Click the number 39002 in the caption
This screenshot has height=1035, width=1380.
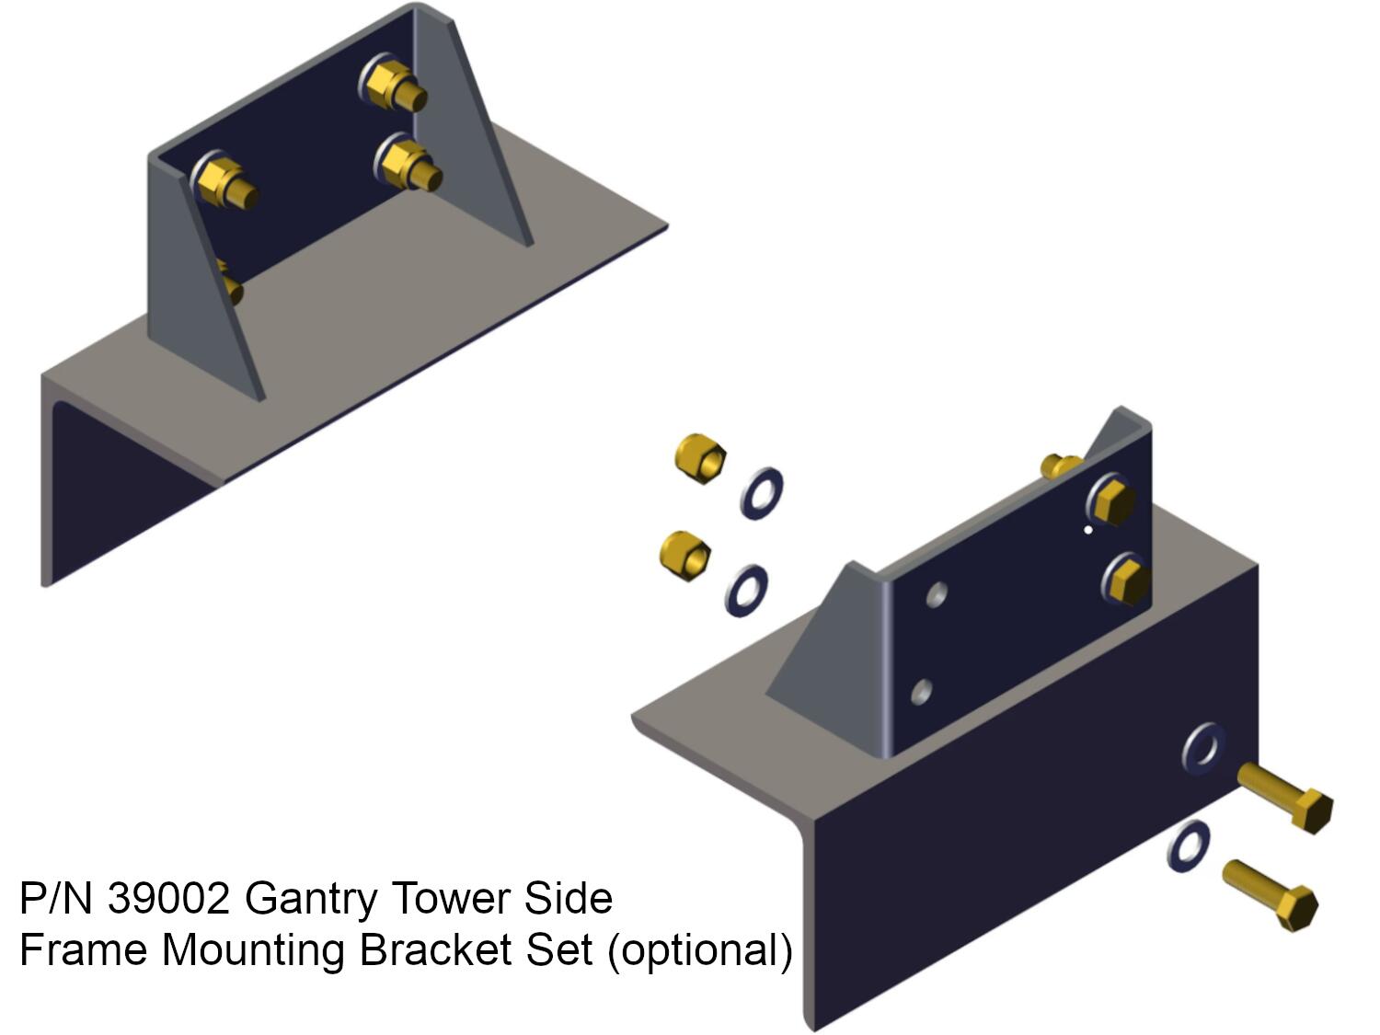click(167, 898)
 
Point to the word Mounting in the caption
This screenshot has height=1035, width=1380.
click(256, 949)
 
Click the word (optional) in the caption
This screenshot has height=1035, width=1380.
click(699, 949)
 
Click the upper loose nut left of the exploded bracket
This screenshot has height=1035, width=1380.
click(700, 457)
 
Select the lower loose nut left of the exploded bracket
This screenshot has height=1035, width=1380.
click(685, 554)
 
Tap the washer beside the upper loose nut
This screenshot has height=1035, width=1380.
click(762, 493)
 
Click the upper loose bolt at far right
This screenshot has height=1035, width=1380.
click(1286, 797)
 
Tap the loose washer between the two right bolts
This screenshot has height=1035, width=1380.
click(1189, 846)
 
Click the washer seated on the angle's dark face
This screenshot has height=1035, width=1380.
click(1204, 748)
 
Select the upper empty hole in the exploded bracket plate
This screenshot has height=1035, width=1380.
click(937, 594)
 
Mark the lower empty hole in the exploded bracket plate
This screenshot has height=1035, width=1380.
click(921, 691)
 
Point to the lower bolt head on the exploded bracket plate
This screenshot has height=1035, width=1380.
click(1126, 580)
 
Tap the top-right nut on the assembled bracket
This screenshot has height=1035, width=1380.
click(392, 85)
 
